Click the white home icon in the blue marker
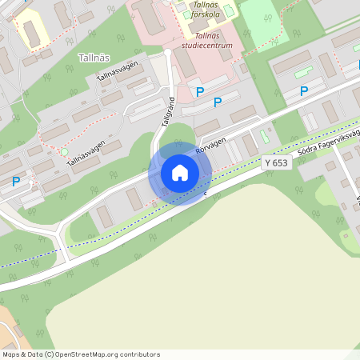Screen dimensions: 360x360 (180, 173)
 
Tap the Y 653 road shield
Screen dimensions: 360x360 (275, 162)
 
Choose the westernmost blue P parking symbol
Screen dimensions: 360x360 (16, 182)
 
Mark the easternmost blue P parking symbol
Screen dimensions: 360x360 (304, 91)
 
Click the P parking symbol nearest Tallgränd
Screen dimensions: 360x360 (200, 92)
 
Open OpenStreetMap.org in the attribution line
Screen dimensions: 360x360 (90, 354)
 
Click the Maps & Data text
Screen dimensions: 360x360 (22, 354)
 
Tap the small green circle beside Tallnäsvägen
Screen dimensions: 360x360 (64, 151)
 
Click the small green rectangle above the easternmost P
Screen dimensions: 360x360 (303, 74)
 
